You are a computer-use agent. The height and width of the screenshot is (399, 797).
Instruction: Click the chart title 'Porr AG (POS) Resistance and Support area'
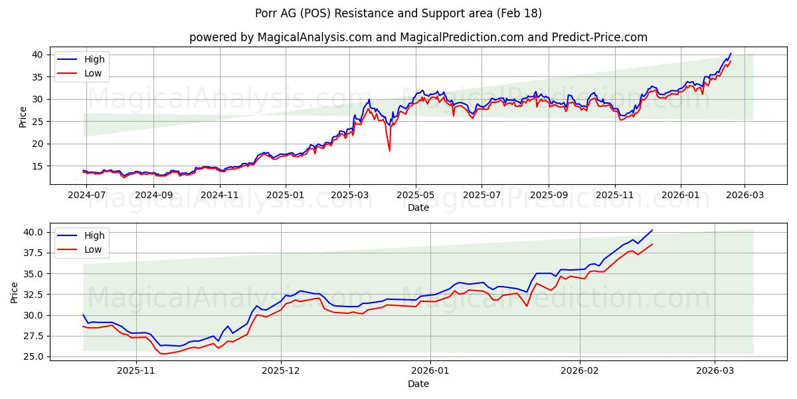tap(398, 13)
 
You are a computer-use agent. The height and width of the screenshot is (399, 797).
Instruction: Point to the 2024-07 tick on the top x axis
tap(88, 196)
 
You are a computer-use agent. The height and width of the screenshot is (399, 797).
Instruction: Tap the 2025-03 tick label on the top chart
tap(350, 196)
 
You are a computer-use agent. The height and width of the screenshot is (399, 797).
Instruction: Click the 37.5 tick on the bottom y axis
tap(33, 253)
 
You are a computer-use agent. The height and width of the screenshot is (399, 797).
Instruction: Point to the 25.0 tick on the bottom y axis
tap(33, 356)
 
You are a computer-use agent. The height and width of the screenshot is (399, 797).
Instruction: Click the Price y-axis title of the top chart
tap(23, 117)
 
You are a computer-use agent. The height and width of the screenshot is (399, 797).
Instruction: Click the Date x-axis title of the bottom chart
tap(418, 384)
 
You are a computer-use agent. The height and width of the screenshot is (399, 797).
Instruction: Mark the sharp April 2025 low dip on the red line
tap(389, 150)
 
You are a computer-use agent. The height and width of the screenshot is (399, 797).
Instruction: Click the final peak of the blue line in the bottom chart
tap(652, 230)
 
